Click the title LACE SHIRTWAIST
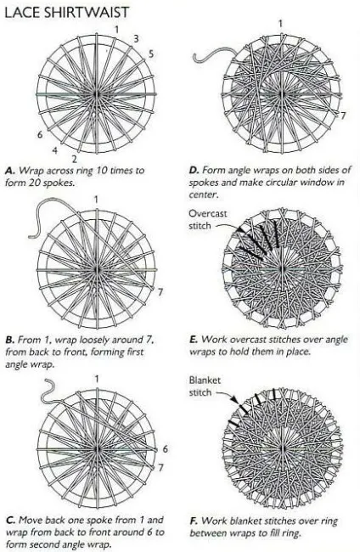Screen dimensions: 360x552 [x=67, y=13]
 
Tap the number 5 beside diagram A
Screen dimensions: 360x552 [x=151, y=54]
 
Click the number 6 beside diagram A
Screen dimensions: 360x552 [x=40, y=134]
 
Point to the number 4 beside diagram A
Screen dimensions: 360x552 [x=55, y=150]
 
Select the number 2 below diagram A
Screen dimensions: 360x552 [x=74, y=159]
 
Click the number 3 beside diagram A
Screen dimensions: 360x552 [x=136, y=38]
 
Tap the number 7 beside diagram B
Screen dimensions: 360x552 [x=160, y=292]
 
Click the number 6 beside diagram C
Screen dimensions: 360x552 [x=165, y=449]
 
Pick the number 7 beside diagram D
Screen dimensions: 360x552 [x=343, y=115]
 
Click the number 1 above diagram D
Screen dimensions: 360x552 [x=280, y=24]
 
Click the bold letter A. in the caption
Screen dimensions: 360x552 [x=10, y=171]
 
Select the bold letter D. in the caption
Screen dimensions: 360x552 [x=194, y=171]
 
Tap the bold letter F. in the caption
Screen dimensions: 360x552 [x=194, y=521]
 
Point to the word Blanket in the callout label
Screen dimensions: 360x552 [x=205, y=380]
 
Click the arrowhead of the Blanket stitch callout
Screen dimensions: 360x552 [x=233, y=400]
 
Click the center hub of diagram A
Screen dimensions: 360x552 [x=97, y=94]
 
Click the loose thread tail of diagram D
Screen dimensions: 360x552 [x=216, y=56]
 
